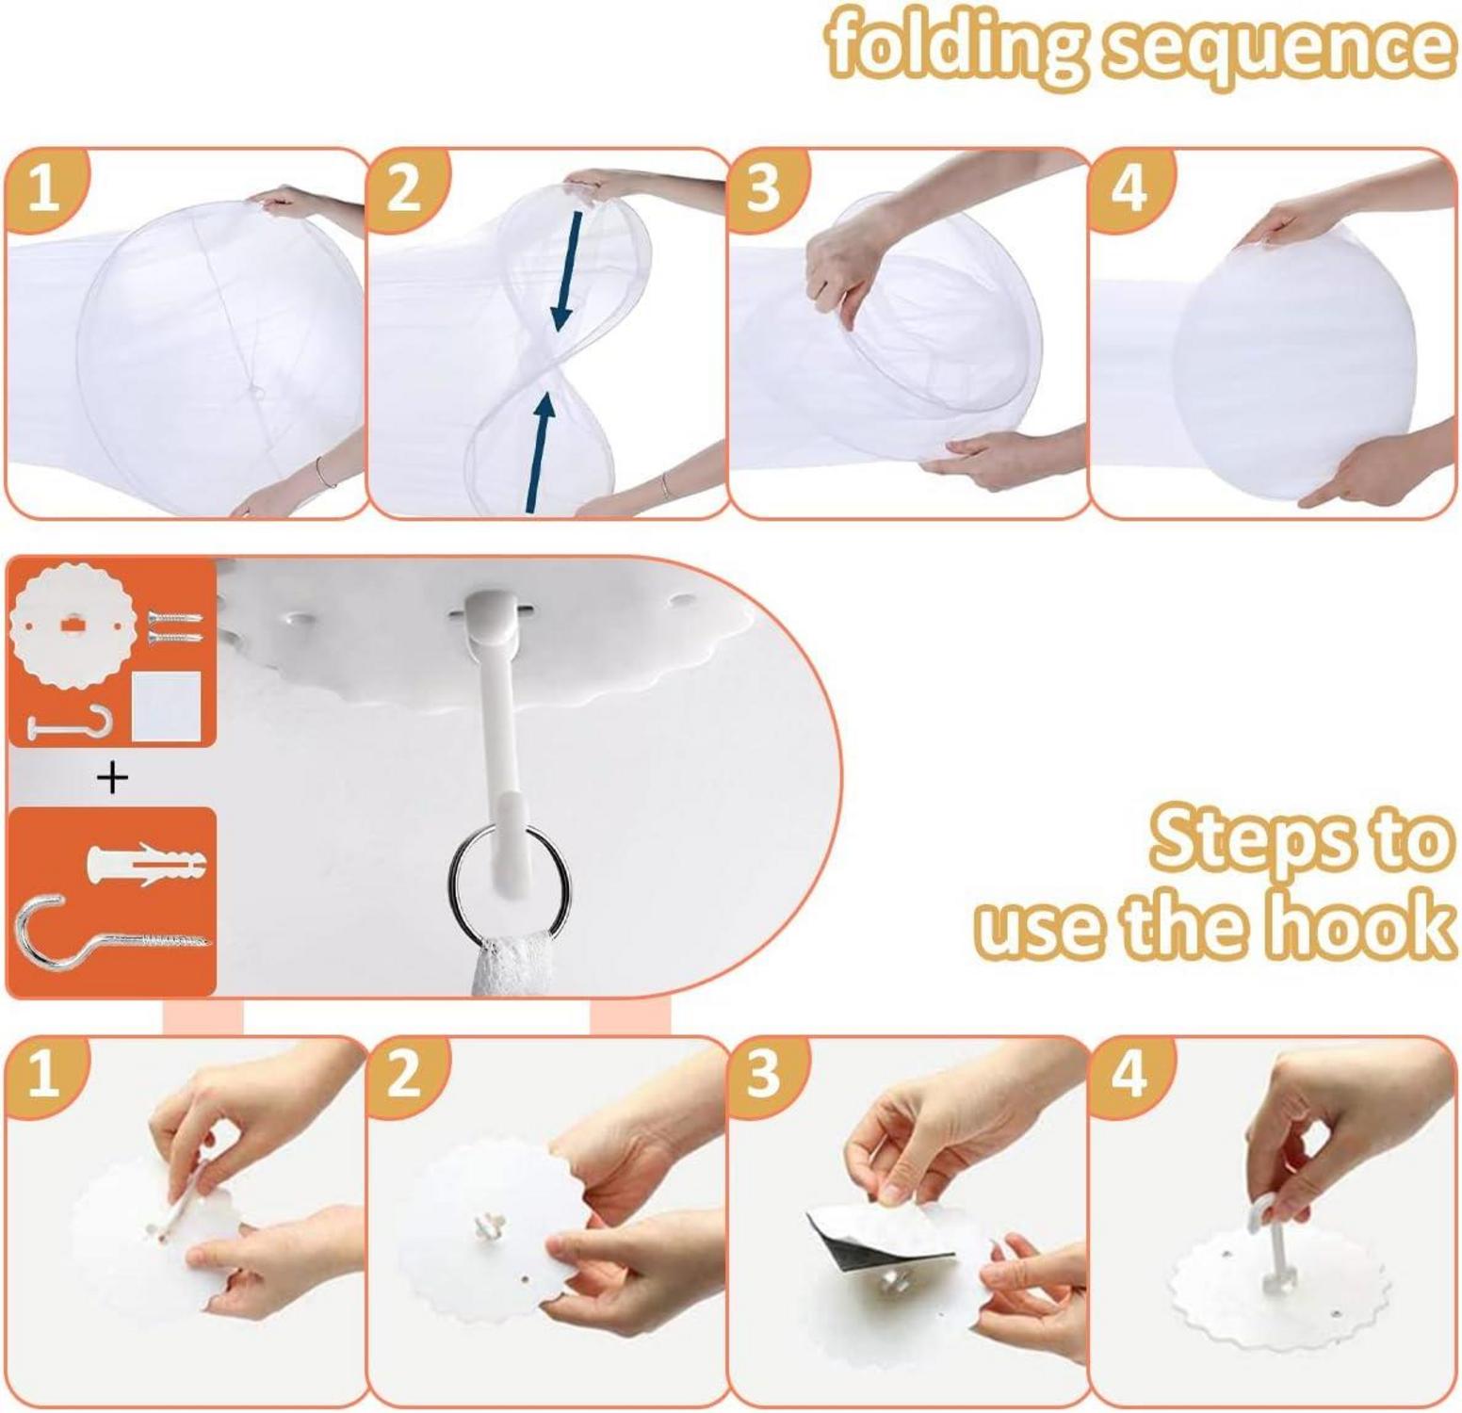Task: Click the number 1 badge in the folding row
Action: pos(43,188)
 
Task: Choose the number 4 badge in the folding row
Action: pos(1129,188)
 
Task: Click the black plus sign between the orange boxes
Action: pos(112,778)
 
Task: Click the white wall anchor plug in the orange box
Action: pos(146,861)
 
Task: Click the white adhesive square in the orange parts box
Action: pos(167,706)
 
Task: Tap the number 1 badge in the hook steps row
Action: pos(43,1074)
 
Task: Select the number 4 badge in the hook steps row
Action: pos(1129,1074)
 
